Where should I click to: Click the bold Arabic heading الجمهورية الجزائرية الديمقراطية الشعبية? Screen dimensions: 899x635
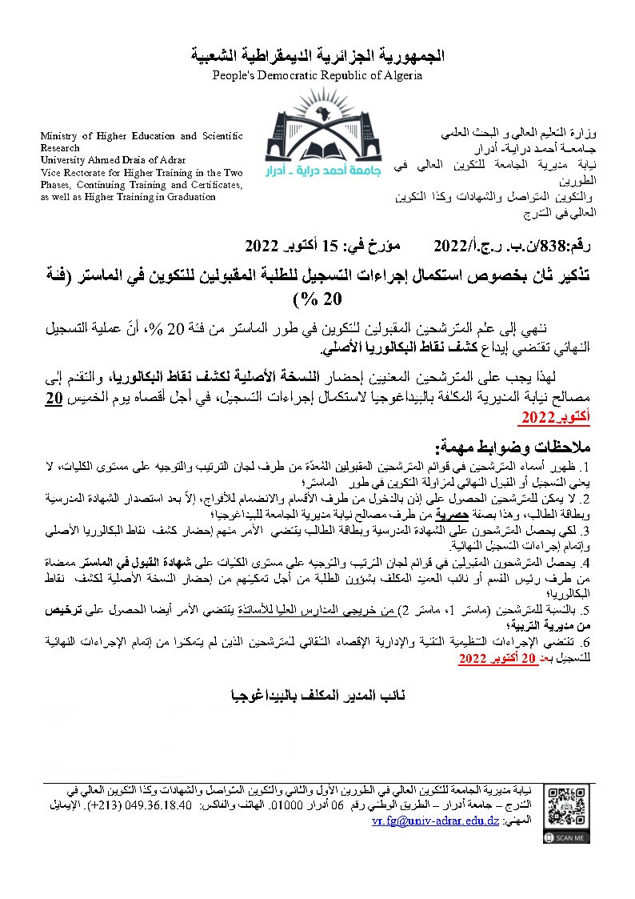click(317, 56)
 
